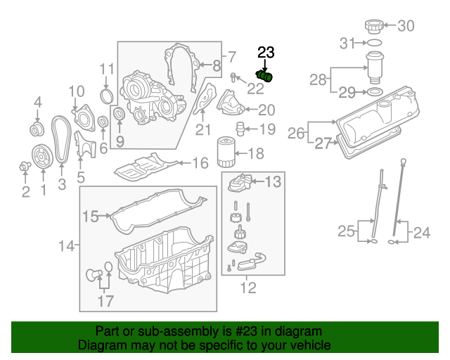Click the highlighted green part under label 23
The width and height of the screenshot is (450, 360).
[x=266, y=76]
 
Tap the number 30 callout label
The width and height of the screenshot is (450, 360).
[x=406, y=27]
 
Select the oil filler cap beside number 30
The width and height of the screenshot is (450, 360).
[x=373, y=27]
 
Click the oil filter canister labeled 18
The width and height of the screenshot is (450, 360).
[x=226, y=152]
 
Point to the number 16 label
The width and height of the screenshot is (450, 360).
[x=200, y=163]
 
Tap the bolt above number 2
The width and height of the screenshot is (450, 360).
[x=25, y=167]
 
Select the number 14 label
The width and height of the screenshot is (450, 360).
[x=66, y=246]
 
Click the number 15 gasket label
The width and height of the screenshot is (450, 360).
[x=91, y=217]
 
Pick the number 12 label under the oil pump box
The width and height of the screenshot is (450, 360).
[x=247, y=287]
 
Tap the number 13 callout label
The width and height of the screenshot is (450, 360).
[x=272, y=182]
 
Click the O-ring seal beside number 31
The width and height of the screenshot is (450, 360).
[x=375, y=43]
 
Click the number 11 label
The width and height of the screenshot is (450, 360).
[x=106, y=69]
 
